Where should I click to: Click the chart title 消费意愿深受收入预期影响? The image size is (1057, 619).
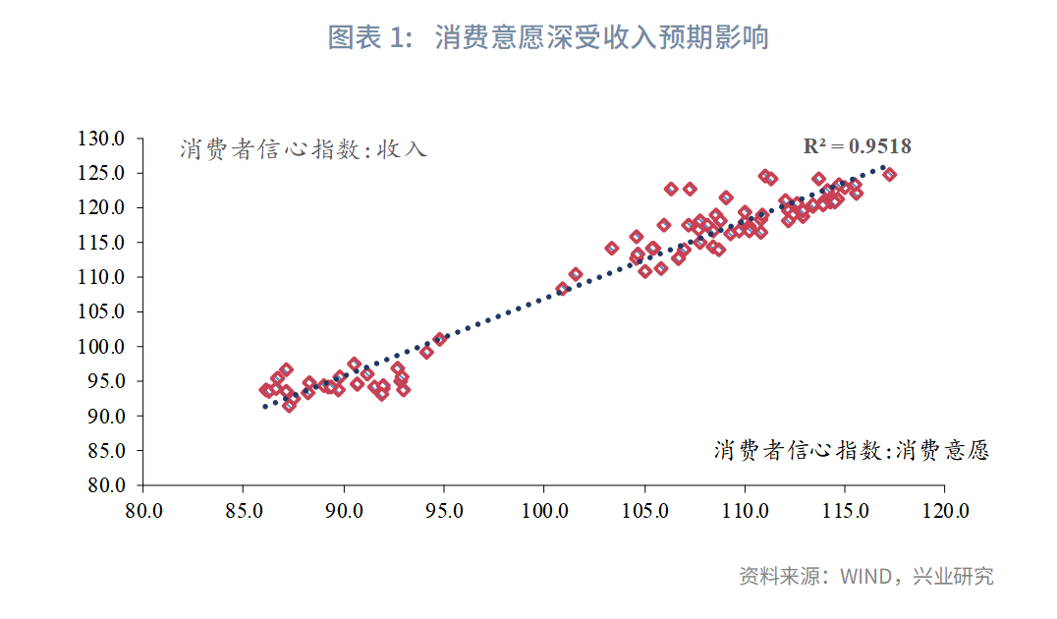[601, 38]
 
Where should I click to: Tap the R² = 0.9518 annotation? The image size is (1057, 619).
[857, 146]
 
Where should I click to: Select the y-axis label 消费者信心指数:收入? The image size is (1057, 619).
[304, 149]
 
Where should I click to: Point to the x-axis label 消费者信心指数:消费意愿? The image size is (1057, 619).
[851, 450]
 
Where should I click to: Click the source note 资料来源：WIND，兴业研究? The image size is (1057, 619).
[865, 577]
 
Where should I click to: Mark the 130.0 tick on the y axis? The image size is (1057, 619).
[102, 139]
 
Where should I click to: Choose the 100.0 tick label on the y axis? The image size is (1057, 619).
[102, 347]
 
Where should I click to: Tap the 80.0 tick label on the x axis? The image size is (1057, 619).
[143, 511]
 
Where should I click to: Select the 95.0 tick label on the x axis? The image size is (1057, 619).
[444, 511]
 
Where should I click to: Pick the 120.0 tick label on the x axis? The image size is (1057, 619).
[946, 511]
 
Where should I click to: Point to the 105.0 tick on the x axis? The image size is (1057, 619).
[644, 511]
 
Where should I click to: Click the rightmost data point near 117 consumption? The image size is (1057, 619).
[889, 175]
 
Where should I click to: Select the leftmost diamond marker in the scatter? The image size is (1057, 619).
[265, 390]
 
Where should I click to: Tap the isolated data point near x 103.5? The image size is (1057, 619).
[612, 249]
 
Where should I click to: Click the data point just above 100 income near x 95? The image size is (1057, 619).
[439, 339]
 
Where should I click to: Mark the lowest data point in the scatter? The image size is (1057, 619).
[289, 405]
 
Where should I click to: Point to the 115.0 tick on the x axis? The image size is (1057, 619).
[845, 511]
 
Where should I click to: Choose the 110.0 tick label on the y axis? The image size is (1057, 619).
[102, 277]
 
